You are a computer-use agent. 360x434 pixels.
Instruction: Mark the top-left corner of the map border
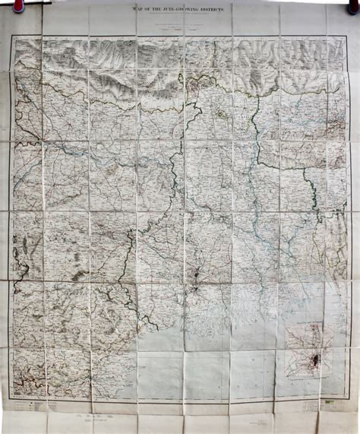pos(12,36)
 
